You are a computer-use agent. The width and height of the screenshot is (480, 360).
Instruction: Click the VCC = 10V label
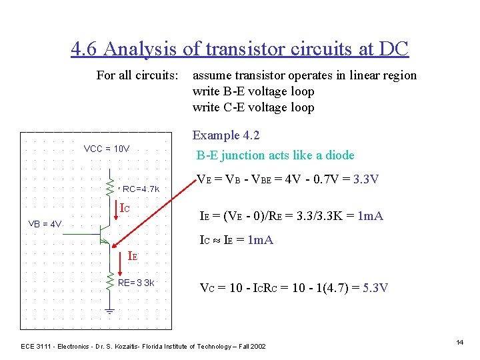107,149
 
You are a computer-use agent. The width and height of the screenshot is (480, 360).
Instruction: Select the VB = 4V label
45,224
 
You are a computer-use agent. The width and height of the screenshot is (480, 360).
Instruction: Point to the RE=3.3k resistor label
136,283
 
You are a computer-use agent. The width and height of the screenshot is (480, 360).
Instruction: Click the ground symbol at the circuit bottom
110,311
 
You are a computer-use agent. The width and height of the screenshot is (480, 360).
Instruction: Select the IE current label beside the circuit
133,254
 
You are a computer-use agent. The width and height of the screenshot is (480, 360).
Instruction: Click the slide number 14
459,342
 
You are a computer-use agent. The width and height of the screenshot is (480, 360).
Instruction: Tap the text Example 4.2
225,135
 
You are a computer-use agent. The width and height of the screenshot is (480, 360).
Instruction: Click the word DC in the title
392,49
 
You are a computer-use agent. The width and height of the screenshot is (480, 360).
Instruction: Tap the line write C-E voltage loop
253,107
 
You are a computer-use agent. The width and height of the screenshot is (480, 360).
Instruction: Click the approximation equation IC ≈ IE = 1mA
237,240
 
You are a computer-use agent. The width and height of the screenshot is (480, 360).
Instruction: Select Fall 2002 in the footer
251,346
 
